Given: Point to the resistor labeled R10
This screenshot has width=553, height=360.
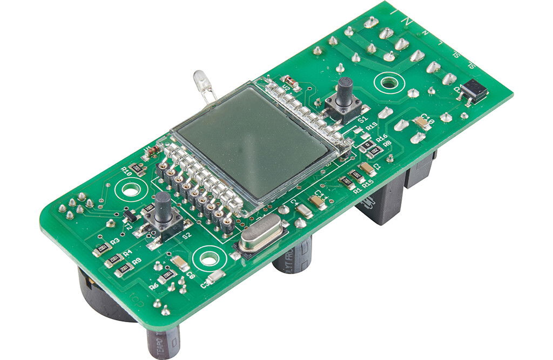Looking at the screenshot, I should tap(137, 168).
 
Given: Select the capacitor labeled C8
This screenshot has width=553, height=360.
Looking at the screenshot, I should tap(180, 264).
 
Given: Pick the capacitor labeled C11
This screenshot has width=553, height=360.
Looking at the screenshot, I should tap(317, 202).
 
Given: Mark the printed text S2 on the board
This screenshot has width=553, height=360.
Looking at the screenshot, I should tap(186, 236).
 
